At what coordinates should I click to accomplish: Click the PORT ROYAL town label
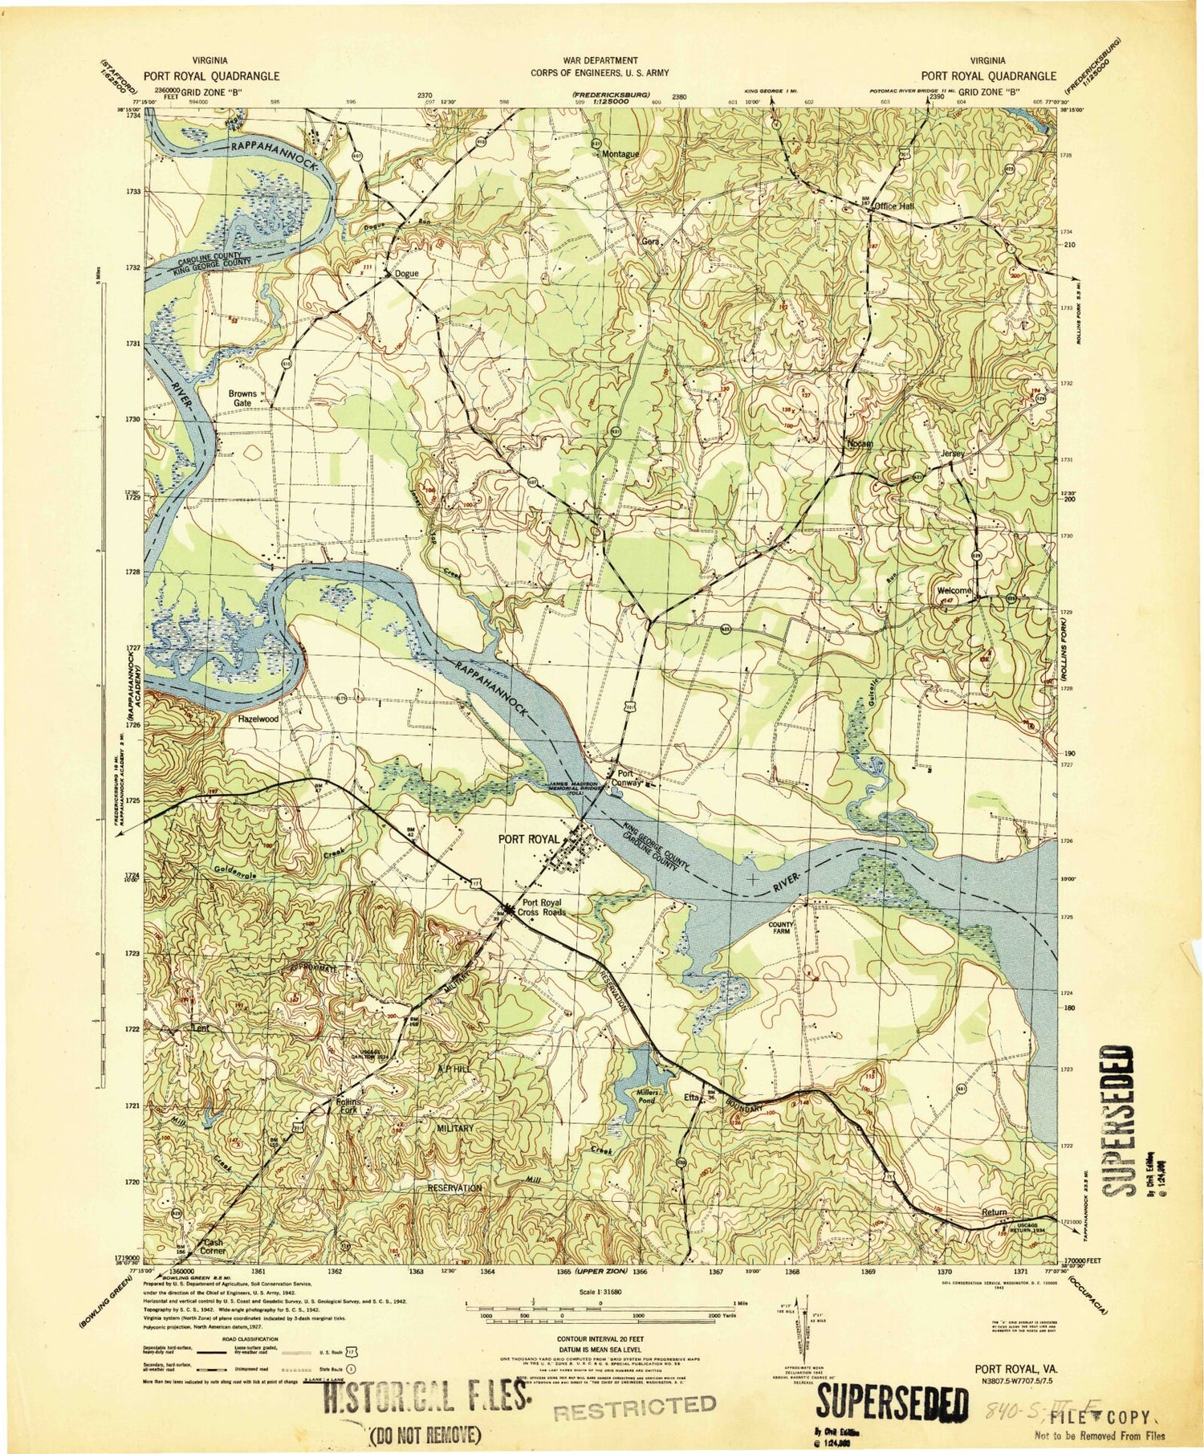tap(527, 839)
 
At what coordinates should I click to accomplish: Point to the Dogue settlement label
tap(405, 274)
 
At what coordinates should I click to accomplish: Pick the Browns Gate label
tap(242, 398)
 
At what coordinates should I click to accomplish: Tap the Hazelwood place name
tap(257, 720)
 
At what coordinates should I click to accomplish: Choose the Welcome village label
tap(954, 592)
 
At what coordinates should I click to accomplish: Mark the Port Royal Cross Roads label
tap(543, 907)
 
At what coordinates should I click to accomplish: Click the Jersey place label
tap(952, 453)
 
